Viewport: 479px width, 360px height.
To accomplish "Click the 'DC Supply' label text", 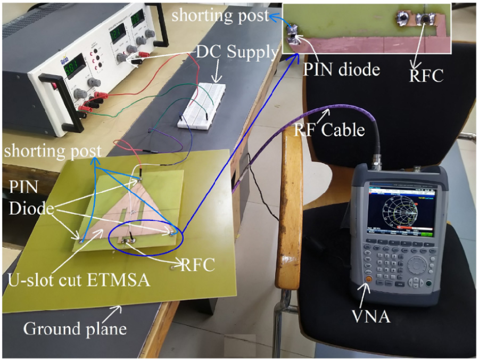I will coord(237,52).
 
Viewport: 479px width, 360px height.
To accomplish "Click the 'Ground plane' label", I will coord(75,328).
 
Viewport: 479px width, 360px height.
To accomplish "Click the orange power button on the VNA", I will coord(367,279).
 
